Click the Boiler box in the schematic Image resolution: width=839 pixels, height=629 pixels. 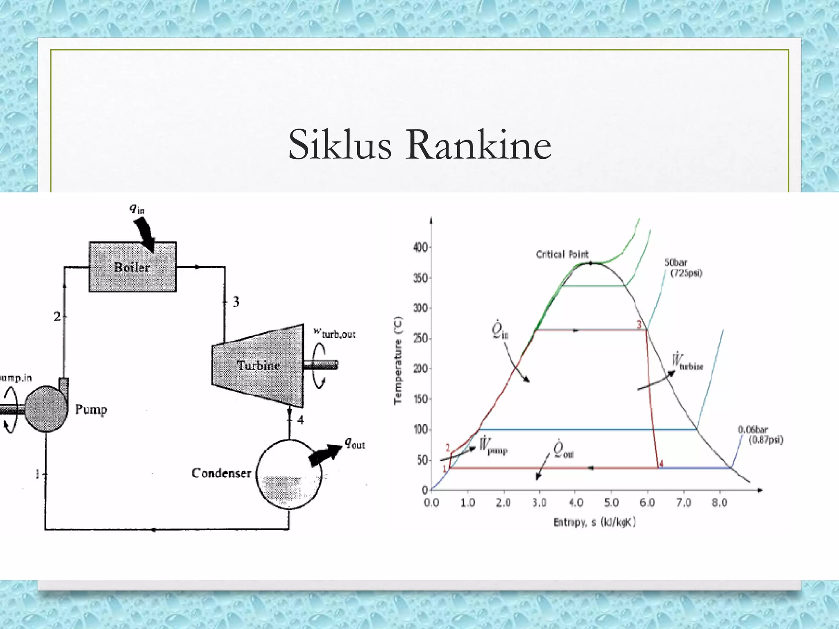[132, 267]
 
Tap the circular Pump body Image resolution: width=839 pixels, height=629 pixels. [46, 408]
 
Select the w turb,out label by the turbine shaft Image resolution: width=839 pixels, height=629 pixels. [335, 333]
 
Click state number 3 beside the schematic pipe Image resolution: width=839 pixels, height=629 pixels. [236, 302]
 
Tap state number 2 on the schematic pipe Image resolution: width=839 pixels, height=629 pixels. [57, 317]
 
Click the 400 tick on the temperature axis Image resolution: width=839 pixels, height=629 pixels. [420, 247]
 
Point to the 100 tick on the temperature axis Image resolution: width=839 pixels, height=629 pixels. [420, 430]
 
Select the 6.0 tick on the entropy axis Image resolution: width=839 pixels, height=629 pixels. [647, 502]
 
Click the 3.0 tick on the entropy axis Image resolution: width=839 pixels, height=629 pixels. [539, 502]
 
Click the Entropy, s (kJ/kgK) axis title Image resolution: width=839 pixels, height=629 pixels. [594, 523]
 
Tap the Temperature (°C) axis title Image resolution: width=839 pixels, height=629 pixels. [398, 360]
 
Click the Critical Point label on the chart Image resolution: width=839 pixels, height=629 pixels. [562, 254]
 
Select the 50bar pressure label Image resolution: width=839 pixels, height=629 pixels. [676, 262]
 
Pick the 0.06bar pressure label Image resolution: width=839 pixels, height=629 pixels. [753, 430]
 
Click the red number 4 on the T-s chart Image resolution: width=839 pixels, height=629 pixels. [661, 464]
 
